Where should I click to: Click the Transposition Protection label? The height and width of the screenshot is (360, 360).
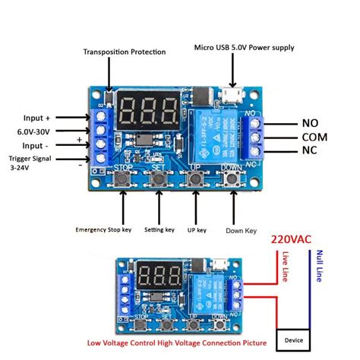pos(124,52)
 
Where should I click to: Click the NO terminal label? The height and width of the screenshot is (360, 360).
pos(310,122)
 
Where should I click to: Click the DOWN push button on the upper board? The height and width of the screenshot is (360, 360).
pos(231,179)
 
